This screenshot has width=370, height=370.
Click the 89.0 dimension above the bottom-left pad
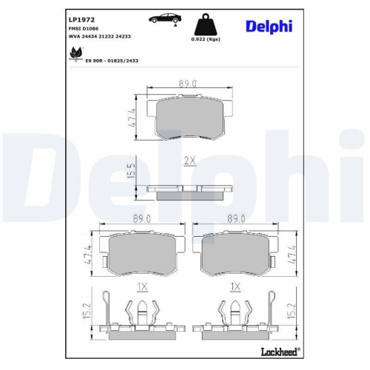click(139, 219)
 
